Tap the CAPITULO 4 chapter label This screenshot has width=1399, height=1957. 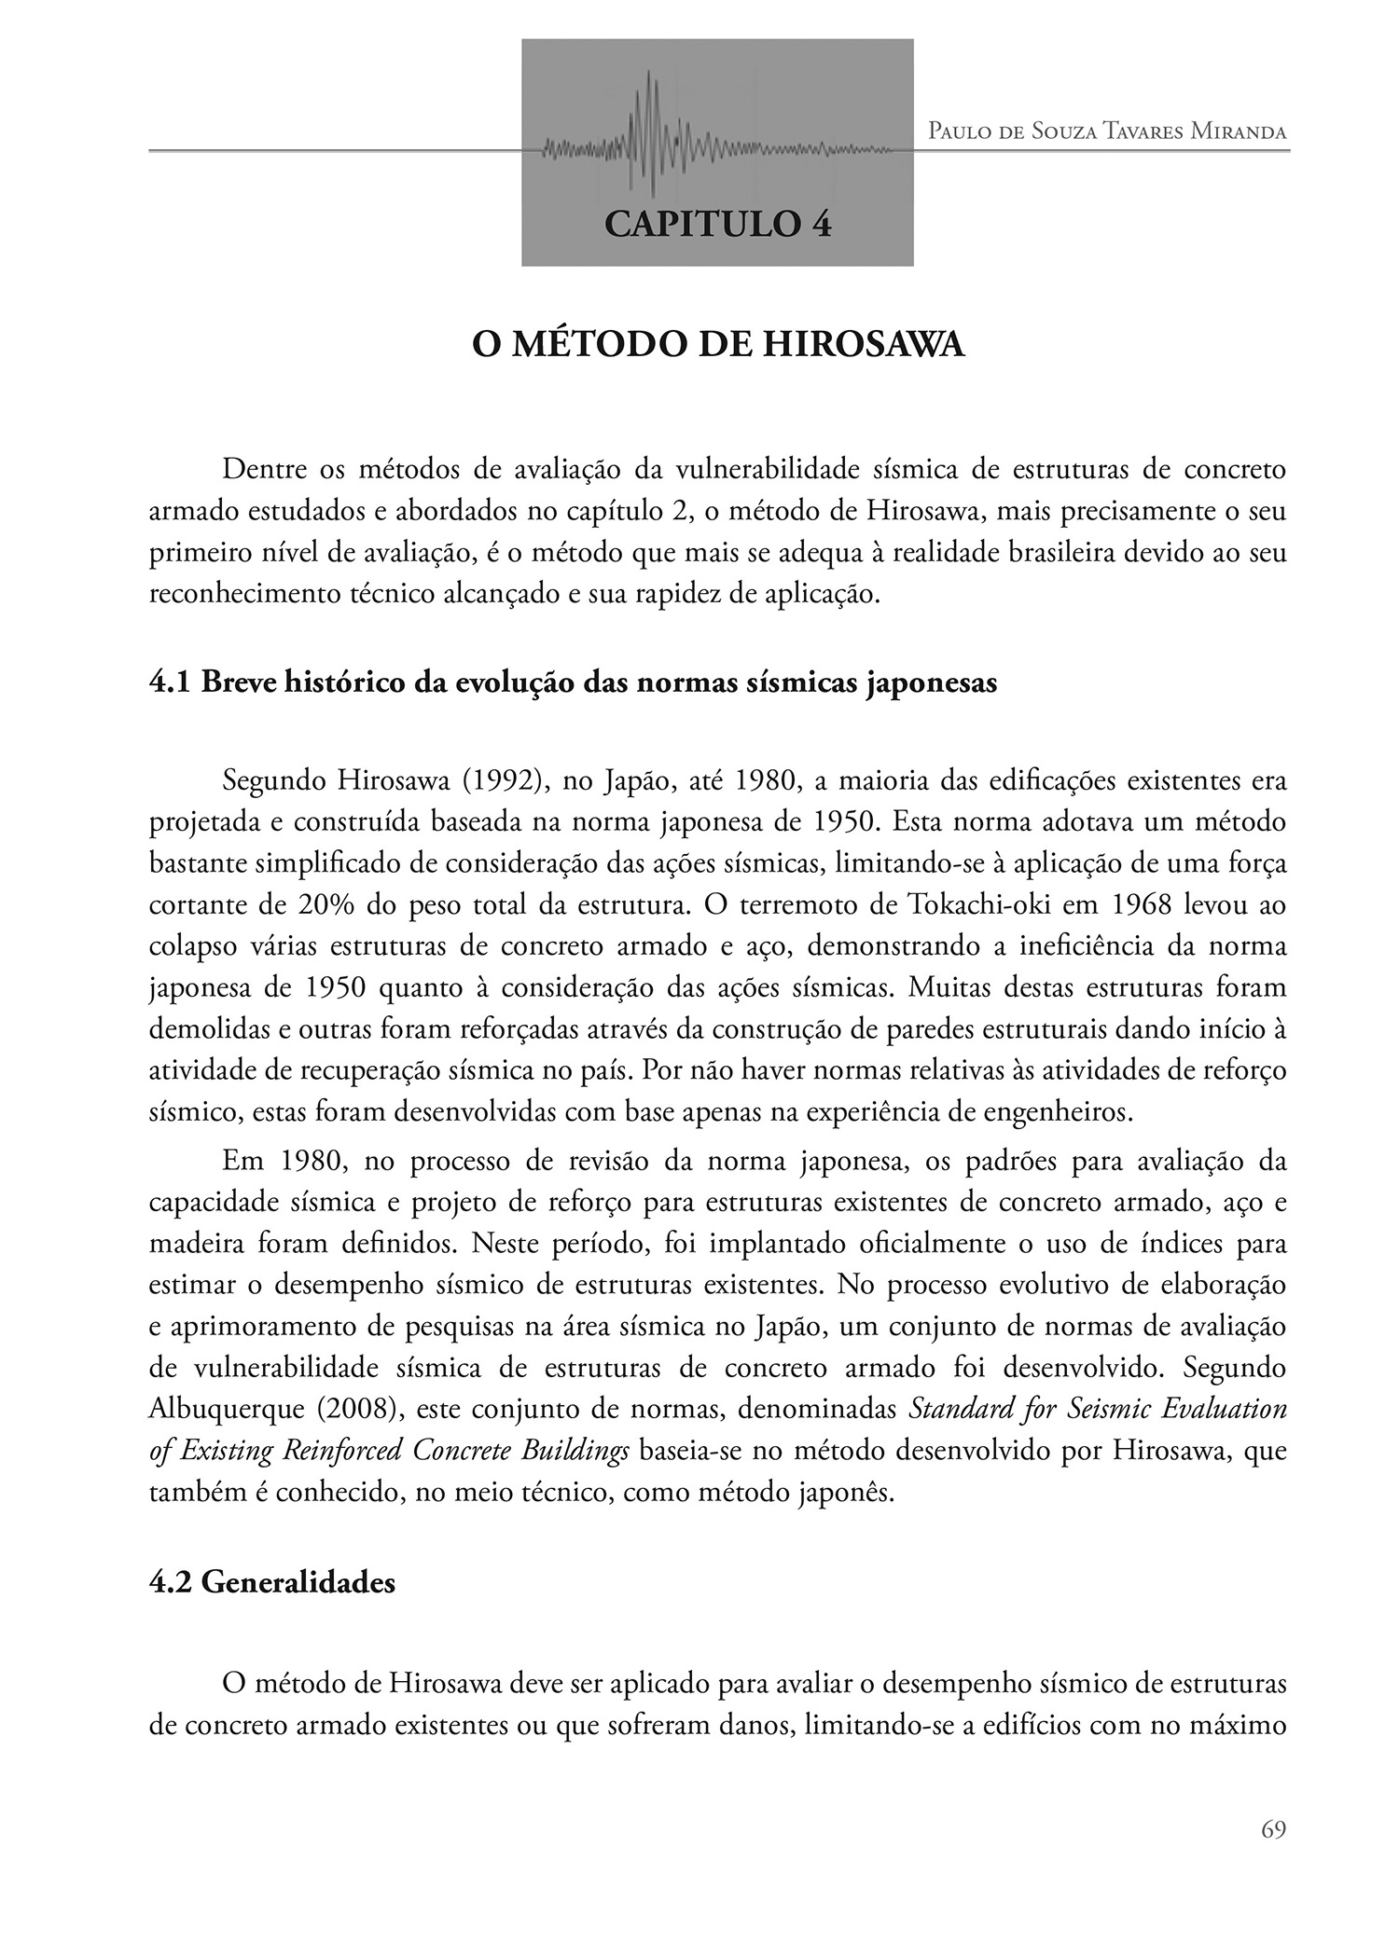(717, 224)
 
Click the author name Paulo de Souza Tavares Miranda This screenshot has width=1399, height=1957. (1107, 131)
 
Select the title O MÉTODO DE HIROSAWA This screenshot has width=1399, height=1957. (717, 345)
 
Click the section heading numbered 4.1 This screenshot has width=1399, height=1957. (573, 682)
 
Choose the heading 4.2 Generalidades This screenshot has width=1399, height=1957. (271, 1582)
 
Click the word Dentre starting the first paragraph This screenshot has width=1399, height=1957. (261, 470)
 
